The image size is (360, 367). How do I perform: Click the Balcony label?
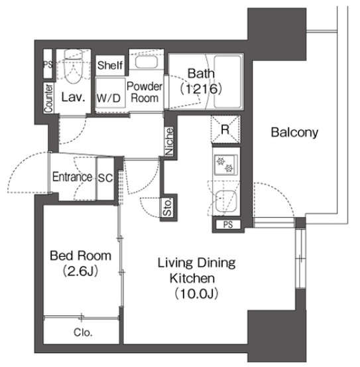pyautogui.click(x=294, y=132)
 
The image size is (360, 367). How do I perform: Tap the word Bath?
pyautogui.click(x=200, y=74)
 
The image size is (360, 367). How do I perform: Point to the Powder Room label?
pyautogui.click(x=144, y=92)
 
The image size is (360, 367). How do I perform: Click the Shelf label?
pyautogui.click(x=109, y=66)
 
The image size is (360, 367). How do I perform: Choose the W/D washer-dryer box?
pyautogui.click(x=109, y=98)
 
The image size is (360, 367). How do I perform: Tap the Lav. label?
pyautogui.click(x=72, y=98)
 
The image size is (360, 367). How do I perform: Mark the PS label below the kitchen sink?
pyautogui.click(x=228, y=225)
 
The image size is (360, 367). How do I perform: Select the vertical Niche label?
pyautogui.click(x=170, y=141)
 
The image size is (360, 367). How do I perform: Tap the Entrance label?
pyautogui.click(x=72, y=177)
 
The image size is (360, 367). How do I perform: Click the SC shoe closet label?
pyautogui.click(x=105, y=177)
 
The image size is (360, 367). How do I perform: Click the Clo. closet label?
pyautogui.click(x=82, y=332)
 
